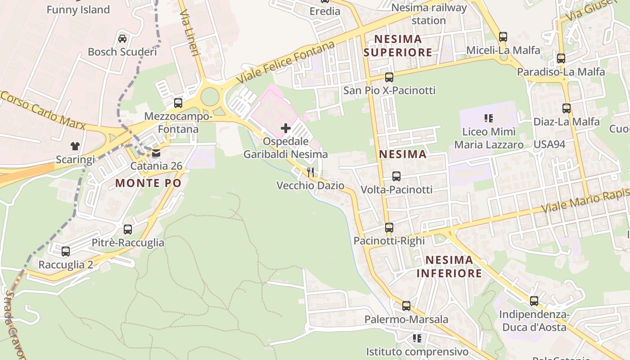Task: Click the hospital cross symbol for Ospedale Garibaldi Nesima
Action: pos(286,129)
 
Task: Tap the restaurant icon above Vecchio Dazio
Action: pos(310,172)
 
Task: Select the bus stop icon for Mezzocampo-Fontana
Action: pos(178,103)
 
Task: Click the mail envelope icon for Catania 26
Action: pos(156,153)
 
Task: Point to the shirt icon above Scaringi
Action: pos(75,146)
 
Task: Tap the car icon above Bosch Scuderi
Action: pos(122,38)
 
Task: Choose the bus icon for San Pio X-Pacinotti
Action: pos(389,77)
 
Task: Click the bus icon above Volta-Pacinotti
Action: pos(396,176)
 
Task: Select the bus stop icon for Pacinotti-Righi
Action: pos(389,228)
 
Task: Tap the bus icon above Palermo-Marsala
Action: pos(406,306)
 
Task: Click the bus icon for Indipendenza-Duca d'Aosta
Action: pos(534,301)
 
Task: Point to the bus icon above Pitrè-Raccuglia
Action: pos(128,229)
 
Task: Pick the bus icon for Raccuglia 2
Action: pos(66,252)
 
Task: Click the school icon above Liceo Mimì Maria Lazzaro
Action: pos(489,118)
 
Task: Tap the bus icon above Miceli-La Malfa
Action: pos(503,37)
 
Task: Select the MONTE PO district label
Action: pos(148,183)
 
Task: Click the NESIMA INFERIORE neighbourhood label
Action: pos(449,266)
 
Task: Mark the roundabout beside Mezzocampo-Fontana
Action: pos(210,97)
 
